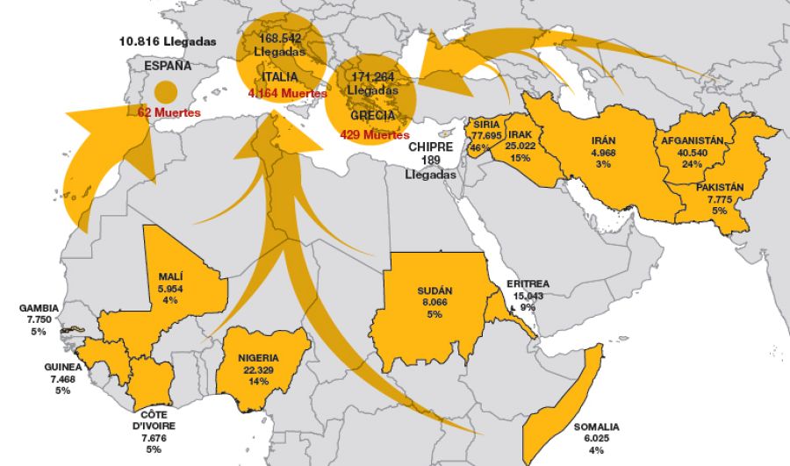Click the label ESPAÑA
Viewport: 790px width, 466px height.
pyautogui.click(x=169, y=66)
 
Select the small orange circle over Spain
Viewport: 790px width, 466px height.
pyautogui.click(x=164, y=90)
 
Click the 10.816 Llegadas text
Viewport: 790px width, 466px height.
pyautogui.click(x=168, y=41)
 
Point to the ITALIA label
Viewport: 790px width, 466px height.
pyautogui.click(x=279, y=77)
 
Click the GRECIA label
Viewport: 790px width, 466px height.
pyautogui.click(x=371, y=115)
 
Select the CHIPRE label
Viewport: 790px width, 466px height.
pyautogui.click(x=430, y=147)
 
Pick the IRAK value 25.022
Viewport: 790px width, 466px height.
pyautogui.click(x=519, y=146)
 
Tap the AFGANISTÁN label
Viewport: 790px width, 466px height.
pyautogui.click(x=691, y=140)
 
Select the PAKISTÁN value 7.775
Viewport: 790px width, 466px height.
pyautogui.click(x=719, y=200)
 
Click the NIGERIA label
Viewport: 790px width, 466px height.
pyautogui.click(x=258, y=358)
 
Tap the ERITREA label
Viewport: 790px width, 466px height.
pyautogui.click(x=528, y=284)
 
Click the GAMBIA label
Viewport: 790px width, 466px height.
pyautogui.click(x=39, y=308)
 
